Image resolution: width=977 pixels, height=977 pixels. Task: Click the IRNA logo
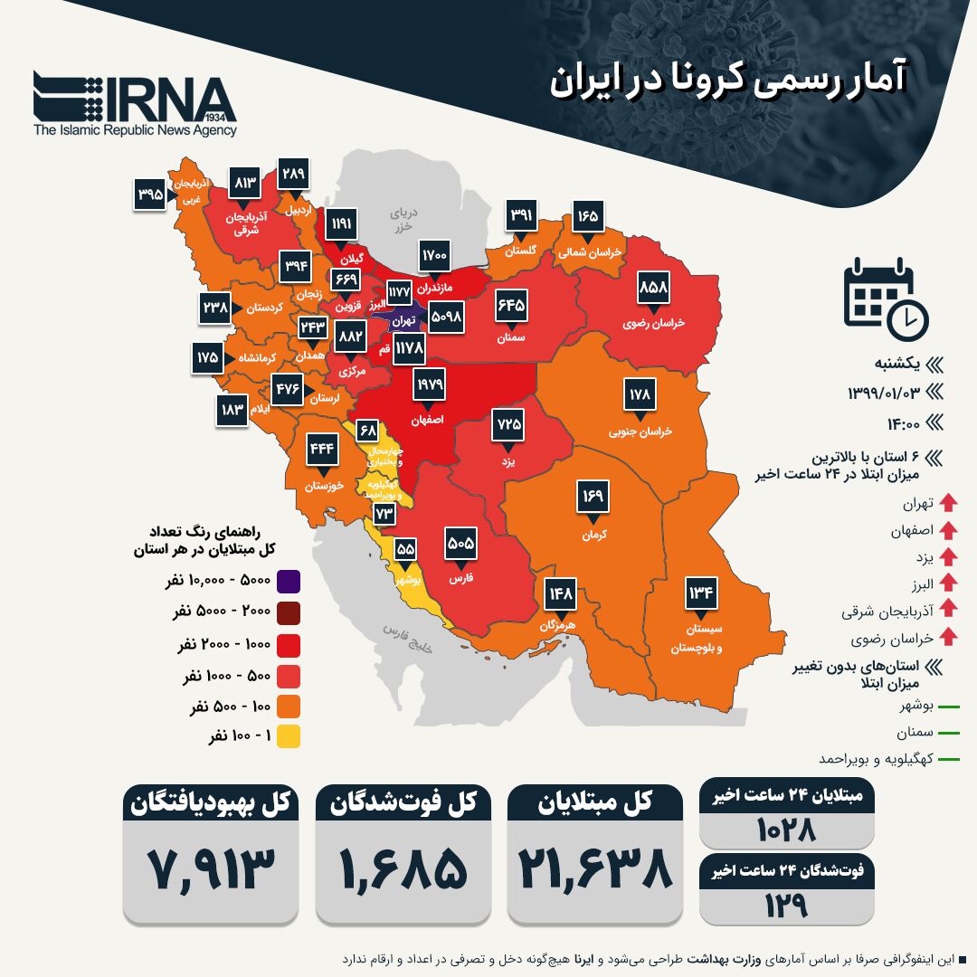pyautogui.click(x=136, y=101)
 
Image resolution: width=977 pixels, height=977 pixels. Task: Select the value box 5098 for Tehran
pyautogui.click(x=454, y=317)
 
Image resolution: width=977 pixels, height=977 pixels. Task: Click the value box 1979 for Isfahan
pyautogui.click(x=431, y=384)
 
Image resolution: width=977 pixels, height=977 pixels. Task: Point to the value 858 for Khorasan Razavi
pyautogui.click(x=653, y=287)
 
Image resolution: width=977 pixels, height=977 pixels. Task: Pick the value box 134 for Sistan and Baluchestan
pyautogui.click(x=701, y=593)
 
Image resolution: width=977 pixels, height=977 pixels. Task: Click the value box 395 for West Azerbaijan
pyautogui.click(x=150, y=194)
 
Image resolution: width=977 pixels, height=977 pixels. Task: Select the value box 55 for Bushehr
pyautogui.click(x=406, y=549)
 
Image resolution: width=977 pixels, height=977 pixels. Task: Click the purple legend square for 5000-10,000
pyautogui.click(x=289, y=581)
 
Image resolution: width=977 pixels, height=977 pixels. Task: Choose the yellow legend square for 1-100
pyautogui.click(x=289, y=736)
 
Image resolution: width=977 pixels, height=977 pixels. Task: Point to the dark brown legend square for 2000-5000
pyautogui.click(x=289, y=612)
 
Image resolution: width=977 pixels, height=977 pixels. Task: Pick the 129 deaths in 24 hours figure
pyautogui.click(x=787, y=905)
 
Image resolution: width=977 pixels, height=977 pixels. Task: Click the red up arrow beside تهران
pyautogui.click(x=948, y=503)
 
